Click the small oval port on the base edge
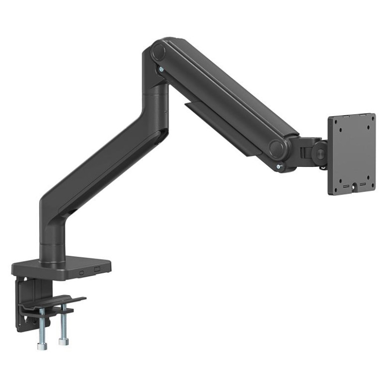click(81, 272)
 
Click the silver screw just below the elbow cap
click(159, 71)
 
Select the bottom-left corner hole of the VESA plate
click(334, 187)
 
